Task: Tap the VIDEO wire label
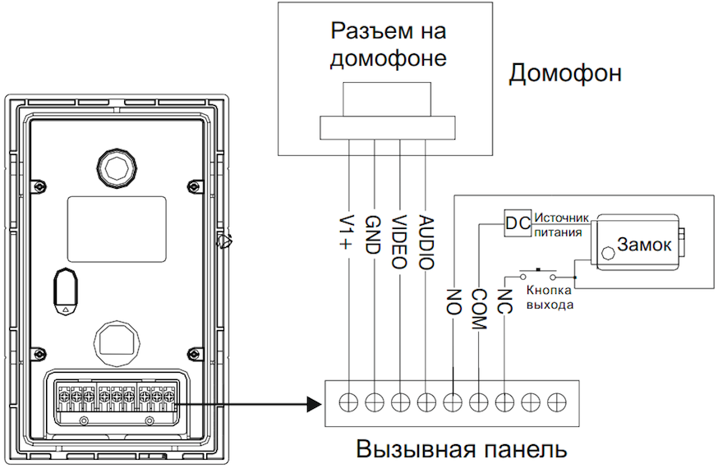click(x=400, y=242)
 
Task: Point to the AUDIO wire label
click(x=426, y=243)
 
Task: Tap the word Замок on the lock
click(x=645, y=245)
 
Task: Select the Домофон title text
click(x=565, y=73)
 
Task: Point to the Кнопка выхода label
click(x=550, y=298)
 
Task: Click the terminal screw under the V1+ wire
click(x=348, y=402)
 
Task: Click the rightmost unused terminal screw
click(x=557, y=402)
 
